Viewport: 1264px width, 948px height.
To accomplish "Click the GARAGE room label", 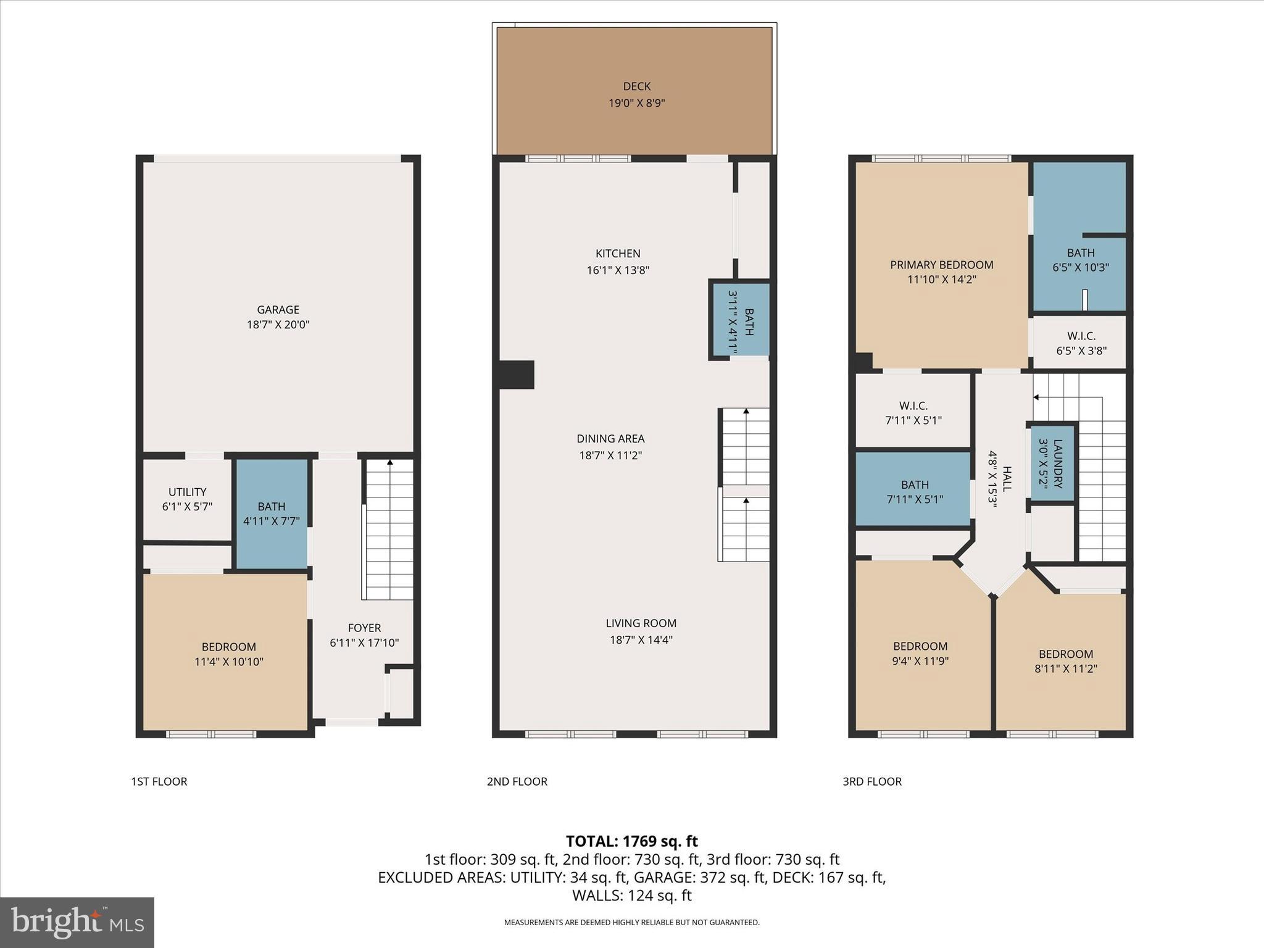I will (x=278, y=310).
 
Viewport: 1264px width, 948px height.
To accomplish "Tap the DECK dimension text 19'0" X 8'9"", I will (x=636, y=103).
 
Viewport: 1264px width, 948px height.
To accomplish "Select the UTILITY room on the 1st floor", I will (x=187, y=499).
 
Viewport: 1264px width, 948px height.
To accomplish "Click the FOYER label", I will (x=364, y=628).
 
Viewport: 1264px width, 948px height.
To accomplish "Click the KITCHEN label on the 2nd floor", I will (x=618, y=254).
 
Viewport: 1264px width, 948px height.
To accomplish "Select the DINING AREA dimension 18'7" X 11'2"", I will (x=610, y=455).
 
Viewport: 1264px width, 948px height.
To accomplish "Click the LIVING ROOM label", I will (x=641, y=623).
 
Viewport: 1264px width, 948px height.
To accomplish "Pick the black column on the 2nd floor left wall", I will (x=516, y=375).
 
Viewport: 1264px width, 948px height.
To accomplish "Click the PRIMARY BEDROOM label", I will (x=941, y=265).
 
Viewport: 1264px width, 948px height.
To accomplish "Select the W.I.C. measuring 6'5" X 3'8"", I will (x=1081, y=343).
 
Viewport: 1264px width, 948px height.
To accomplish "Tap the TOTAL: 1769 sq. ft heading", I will (x=631, y=841).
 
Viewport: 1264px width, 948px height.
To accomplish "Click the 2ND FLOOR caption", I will (x=517, y=781).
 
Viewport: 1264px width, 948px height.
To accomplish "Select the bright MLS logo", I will (x=77, y=922).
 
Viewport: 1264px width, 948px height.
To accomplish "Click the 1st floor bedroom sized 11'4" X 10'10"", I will (x=228, y=654).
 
